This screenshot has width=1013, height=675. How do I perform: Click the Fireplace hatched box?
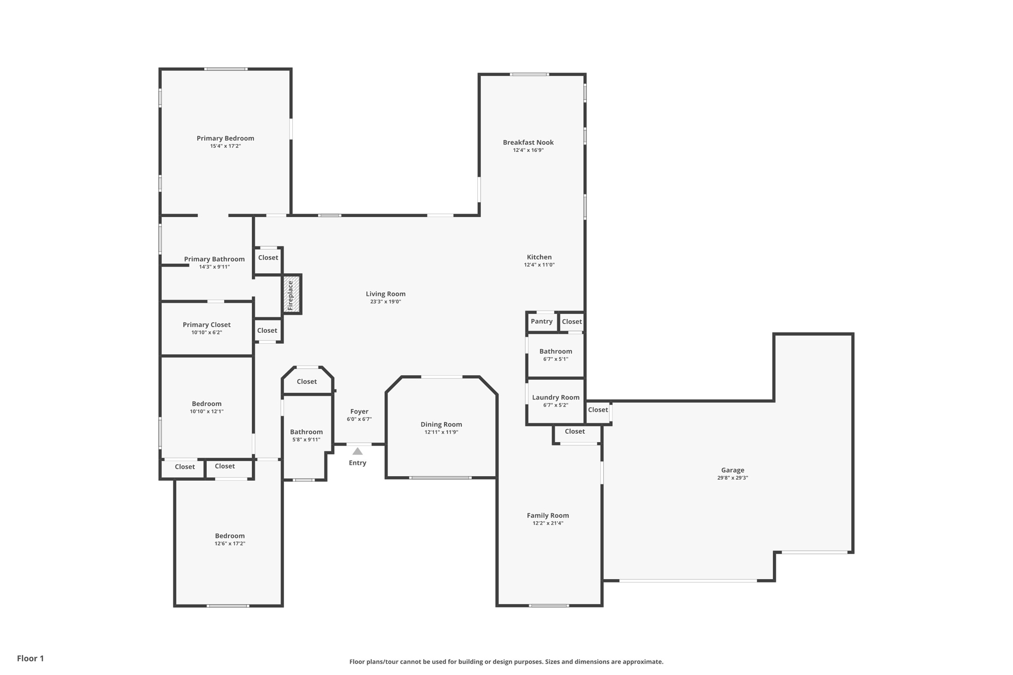coord(292,294)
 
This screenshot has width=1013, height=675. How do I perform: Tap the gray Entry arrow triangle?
coord(358,451)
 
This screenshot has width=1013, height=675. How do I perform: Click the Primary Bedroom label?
coord(226,138)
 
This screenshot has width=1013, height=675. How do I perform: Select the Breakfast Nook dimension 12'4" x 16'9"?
coord(528,150)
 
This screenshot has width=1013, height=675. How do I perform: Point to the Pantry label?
coord(542,321)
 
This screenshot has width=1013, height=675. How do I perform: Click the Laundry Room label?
coord(556,398)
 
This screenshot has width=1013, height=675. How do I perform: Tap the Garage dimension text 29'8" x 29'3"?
coord(733,478)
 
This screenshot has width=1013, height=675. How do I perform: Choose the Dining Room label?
coord(441,424)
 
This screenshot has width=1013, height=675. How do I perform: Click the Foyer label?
coord(360,411)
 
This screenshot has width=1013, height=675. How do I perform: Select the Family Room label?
coord(548,515)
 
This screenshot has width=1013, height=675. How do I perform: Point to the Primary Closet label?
coord(207,325)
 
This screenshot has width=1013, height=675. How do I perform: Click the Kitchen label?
coord(539,257)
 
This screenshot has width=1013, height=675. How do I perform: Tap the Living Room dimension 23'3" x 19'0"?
coord(386,302)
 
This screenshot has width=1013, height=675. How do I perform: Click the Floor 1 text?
coord(31,659)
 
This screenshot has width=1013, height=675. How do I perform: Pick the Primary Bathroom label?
coord(215,259)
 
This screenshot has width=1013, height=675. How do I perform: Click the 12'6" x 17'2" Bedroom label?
coord(230,536)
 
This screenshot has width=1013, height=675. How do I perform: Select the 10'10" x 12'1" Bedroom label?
coord(207,404)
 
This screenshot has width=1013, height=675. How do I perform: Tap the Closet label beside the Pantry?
coord(572,321)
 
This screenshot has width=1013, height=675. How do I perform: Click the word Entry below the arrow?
coord(358,463)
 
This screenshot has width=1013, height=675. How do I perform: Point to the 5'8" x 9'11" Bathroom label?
coord(307,432)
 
